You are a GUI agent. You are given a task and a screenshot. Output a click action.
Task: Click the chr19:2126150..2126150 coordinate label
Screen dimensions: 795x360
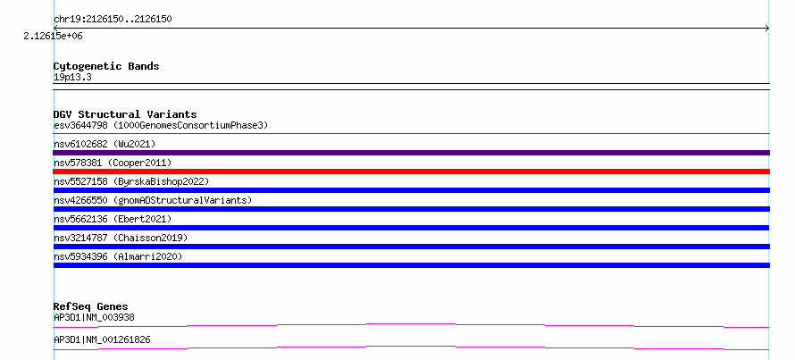[113, 20]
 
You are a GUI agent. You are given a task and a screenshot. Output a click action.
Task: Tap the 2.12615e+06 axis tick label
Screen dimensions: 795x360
[53, 36]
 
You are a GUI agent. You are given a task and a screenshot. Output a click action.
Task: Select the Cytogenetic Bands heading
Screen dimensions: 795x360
[106, 66]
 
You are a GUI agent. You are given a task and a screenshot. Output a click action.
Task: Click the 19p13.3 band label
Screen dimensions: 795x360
[72, 77]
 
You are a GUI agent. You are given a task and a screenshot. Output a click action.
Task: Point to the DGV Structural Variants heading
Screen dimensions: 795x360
[125, 114]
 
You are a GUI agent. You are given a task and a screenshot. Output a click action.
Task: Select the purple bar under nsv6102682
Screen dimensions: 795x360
[411, 153]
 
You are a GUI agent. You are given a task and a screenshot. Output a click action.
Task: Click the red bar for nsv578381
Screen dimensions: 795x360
[411, 172]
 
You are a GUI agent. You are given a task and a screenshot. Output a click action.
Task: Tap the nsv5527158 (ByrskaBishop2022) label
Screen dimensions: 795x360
[131, 181]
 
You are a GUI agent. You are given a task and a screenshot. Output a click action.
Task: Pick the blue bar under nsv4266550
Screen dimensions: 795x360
[411, 209]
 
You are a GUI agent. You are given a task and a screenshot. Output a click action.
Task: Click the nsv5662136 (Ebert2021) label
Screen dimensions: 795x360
[113, 219]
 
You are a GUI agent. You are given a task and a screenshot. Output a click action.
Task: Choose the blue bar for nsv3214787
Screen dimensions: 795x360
[411, 247]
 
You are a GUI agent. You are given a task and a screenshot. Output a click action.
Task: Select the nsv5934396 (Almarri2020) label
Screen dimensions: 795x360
[118, 256]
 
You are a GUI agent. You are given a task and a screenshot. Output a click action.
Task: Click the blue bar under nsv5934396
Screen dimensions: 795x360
[411, 265]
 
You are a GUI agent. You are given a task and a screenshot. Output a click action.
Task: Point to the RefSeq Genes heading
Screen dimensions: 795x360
[90, 306]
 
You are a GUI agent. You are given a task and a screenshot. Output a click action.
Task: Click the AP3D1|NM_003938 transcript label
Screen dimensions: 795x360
[94, 317]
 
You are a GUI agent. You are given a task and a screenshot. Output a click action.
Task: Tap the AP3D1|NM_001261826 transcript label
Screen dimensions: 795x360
[102, 339]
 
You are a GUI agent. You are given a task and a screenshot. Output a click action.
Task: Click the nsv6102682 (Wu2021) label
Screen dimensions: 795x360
[105, 144]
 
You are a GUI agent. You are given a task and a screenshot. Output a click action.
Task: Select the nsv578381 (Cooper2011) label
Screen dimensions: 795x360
[113, 163]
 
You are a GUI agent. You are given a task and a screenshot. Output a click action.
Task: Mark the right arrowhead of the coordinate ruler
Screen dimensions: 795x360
[768, 29]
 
